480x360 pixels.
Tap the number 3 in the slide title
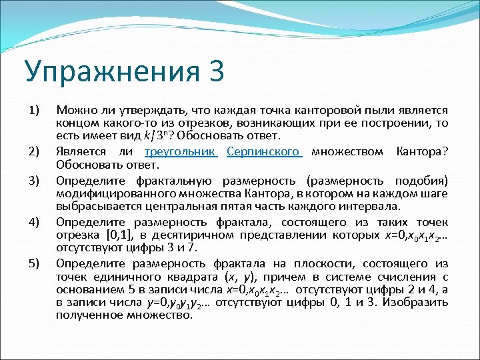click(x=215, y=70)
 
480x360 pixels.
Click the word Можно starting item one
click(x=75, y=110)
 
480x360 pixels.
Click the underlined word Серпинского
click(x=265, y=151)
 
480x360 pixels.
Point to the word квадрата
click(x=189, y=277)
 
